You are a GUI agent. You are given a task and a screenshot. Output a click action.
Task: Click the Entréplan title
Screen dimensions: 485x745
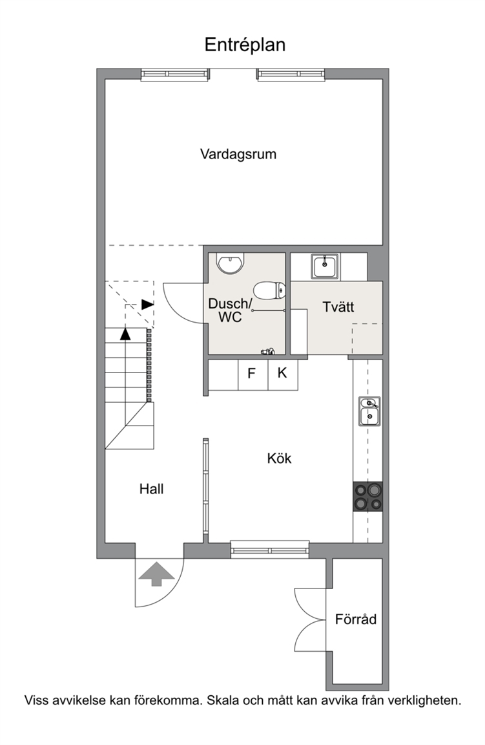[245, 45]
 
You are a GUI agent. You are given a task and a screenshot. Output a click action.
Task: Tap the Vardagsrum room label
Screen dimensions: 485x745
[238, 154]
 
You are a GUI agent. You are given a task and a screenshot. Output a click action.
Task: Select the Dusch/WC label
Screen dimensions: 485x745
[230, 310]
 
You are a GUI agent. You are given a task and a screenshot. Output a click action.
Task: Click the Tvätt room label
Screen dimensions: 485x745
[338, 307]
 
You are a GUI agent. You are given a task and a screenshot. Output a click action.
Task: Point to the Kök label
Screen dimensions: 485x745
[280, 458]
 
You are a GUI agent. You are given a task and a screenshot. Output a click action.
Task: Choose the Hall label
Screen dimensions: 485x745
[151, 488]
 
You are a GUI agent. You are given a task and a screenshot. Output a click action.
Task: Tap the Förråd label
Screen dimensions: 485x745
[355, 619]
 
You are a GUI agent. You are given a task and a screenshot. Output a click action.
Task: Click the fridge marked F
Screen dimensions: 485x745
[253, 375]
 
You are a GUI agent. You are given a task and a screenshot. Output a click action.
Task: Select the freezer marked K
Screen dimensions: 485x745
[283, 375]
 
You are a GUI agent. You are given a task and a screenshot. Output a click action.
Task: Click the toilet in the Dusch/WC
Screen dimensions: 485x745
[269, 290]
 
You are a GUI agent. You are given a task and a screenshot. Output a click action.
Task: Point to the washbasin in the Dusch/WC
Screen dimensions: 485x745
[230, 263]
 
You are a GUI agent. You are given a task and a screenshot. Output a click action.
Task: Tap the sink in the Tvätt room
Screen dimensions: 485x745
[325, 266]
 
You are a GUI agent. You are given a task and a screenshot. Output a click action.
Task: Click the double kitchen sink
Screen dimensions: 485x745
[369, 411]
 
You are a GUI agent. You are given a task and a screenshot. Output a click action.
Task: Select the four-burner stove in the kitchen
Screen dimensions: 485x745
[367, 497]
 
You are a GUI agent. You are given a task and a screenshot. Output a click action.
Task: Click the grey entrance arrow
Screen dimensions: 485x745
[157, 574]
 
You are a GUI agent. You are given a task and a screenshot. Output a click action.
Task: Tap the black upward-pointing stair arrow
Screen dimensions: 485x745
[125, 334]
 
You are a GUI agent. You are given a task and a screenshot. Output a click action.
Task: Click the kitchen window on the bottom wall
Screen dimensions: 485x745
[270, 549]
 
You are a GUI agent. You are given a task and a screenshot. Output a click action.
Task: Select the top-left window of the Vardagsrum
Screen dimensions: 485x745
[175, 74]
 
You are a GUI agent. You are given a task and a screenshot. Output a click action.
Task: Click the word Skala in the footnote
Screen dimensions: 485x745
[223, 700]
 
